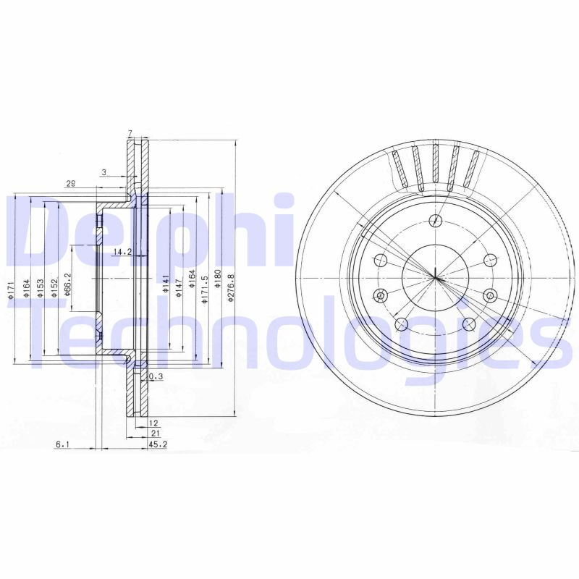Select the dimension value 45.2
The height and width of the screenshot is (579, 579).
pos(158,444)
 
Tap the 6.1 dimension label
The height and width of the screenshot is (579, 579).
pos(63,444)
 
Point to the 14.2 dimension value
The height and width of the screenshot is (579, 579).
pos(122,252)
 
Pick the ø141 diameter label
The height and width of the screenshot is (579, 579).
pos(166,282)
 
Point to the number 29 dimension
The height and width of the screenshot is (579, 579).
pos(71,184)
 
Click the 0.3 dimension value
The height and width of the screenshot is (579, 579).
pos(155,376)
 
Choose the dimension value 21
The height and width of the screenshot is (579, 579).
pos(154,433)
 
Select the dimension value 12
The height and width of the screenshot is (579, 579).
pos(153,422)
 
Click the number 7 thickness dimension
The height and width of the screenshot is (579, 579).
pos(130,132)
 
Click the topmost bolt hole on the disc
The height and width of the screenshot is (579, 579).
pos(435,221)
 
